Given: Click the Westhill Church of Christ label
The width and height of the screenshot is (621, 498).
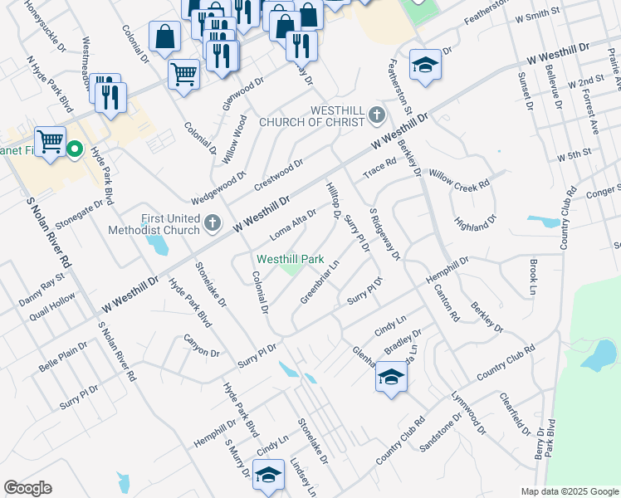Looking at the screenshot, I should [x=312, y=116].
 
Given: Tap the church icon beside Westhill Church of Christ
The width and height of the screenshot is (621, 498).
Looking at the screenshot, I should [x=378, y=113].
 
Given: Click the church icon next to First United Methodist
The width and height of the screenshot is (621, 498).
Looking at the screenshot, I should [x=213, y=222].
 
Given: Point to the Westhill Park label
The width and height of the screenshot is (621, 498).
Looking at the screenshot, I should [x=290, y=259].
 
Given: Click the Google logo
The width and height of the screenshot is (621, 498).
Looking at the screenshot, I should [x=27, y=488].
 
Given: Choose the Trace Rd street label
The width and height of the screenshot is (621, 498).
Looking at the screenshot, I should [x=379, y=168].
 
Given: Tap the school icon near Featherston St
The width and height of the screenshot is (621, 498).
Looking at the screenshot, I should [x=425, y=66].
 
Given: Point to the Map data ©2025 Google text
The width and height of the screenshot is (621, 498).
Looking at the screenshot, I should [x=570, y=491].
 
